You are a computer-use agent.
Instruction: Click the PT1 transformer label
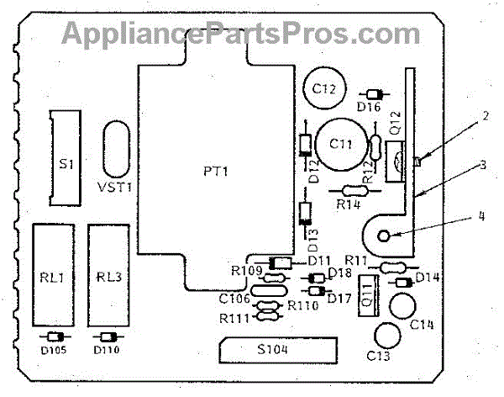216,171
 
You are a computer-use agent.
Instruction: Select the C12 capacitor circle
323,87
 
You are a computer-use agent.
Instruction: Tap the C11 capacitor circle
340,144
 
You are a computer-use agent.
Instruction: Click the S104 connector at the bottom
276,348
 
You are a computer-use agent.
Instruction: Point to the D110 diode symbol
105,336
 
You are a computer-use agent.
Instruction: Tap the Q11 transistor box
367,294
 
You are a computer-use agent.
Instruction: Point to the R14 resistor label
349,203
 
